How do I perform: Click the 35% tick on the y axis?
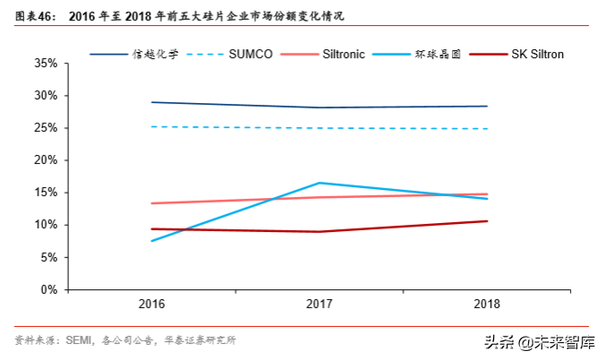[46, 64]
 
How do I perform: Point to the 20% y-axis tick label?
[46, 160]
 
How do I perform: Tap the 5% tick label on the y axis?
[48, 258]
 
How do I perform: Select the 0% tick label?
[48, 290]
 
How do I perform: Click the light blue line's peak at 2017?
[320, 183]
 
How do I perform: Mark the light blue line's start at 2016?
[152, 241]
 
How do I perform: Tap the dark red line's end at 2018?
[487, 221]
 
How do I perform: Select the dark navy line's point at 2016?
[152, 102]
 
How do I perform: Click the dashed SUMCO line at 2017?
[320, 128]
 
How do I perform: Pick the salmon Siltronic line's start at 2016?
[152, 203]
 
